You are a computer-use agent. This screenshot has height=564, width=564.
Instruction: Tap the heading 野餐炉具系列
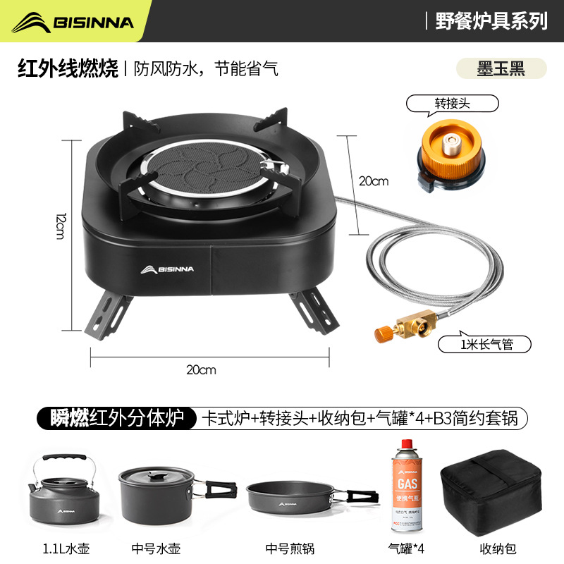(x=491, y=21)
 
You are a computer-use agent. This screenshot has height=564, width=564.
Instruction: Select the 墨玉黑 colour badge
(x=501, y=69)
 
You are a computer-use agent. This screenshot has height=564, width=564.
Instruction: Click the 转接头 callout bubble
(x=452, y=104)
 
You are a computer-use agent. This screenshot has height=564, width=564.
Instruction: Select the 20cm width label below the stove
(x=202, y=369)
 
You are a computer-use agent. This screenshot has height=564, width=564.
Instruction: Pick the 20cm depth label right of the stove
(x=374, y=181)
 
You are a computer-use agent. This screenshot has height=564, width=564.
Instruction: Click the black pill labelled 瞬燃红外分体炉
(x=115, y=417)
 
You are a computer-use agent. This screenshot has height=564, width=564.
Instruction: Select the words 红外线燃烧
(x=68, y=69)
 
